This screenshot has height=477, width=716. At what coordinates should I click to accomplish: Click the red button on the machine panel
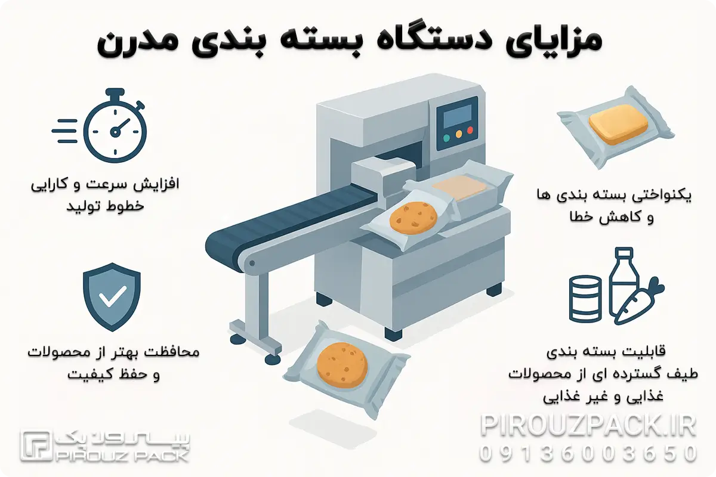click(x=470, y=130)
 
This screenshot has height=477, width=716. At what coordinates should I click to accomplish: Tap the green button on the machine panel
click(x=446, y=137)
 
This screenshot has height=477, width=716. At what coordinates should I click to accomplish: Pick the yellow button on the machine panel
click(x=458, y=134)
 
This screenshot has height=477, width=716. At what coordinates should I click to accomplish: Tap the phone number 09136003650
click(x=588, y=453)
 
